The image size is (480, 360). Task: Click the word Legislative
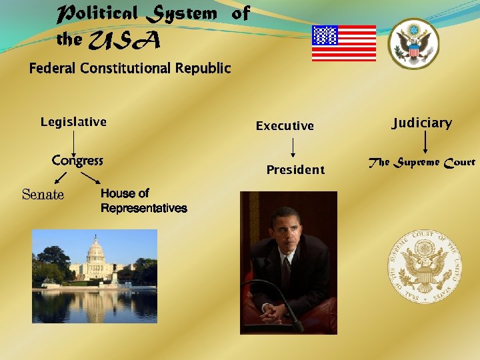tap(73, 122)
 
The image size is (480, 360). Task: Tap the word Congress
tap(77, 161)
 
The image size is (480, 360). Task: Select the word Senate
tap(43, 195)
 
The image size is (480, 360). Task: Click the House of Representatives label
tap(143, 201)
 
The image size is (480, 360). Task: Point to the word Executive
tap(285, 126)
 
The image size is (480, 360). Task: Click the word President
tap(295, 170)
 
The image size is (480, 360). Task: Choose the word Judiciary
tap(421, 123)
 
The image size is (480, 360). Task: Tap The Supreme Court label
tap(422, 162)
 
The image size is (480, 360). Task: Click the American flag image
tap(343, 43)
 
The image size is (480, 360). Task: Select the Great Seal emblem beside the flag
tap(413, 43)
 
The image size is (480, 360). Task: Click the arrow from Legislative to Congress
tap(74, 141)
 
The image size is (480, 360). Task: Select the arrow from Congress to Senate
tap(61, 177)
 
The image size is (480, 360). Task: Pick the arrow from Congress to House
tap(91, 178)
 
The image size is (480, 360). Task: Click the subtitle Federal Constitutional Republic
tap(130, 68)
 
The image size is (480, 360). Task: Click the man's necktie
tap(286, 271)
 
